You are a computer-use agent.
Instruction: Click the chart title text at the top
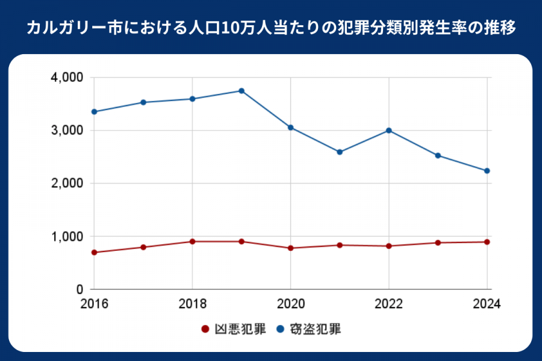tap(271, 28)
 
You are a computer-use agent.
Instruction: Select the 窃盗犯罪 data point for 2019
tap(241, 91)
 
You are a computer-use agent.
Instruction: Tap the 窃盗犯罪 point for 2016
tap(95, 112)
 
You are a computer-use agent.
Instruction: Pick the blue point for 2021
tap(340, 152)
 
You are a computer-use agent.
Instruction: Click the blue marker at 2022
tap(389, 131)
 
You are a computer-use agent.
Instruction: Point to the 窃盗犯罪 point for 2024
tap(487, 171)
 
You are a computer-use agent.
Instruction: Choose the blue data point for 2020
tap(291, 128)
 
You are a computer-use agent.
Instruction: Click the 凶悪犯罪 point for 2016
tap(95, 253)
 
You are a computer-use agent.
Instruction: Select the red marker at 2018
tap(193, 242)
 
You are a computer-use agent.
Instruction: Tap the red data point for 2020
tap(291, 248)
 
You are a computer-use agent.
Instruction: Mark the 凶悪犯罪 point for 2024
tap(487, 242)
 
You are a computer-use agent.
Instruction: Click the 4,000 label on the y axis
tap(68, 78)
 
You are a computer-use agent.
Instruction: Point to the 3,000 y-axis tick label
tap(68, 131)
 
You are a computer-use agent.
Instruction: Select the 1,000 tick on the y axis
tap(68, 236)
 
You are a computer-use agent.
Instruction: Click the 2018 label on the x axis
tap(193, 304)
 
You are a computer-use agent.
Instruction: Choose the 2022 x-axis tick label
tap(389, 304)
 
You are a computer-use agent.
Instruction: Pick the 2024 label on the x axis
tap(486, 304)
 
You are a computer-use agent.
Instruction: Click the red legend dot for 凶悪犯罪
tap(205, 330)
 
